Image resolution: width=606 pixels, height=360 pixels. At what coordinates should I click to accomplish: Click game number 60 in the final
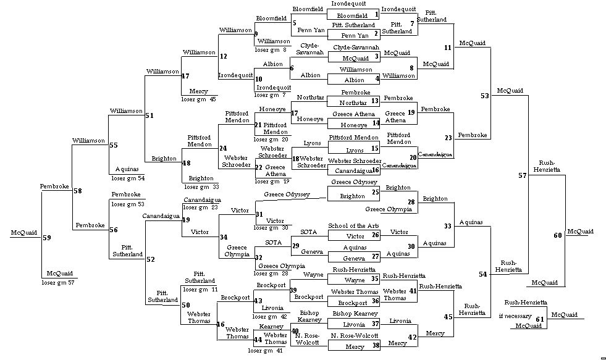(x=558, y=235)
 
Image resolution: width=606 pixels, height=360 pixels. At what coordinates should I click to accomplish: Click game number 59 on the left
(x=47, y=237)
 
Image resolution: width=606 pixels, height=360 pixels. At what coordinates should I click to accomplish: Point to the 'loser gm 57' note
(x=59, y=282)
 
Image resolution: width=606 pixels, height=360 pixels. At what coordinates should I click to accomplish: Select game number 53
(x=484, y=96)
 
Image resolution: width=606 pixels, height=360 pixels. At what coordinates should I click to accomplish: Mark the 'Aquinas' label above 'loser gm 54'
(x=124, y=168)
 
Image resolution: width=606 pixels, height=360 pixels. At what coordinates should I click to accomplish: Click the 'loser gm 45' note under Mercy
(x=198, y=99)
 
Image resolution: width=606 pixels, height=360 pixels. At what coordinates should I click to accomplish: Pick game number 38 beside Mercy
(x=375, y=346)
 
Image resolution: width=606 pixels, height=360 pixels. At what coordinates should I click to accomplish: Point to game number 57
(x=523, y=175)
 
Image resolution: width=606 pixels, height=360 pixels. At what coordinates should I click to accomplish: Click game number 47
(x=185, y=76)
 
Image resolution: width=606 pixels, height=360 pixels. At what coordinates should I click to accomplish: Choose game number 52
(x=150, y=259)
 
